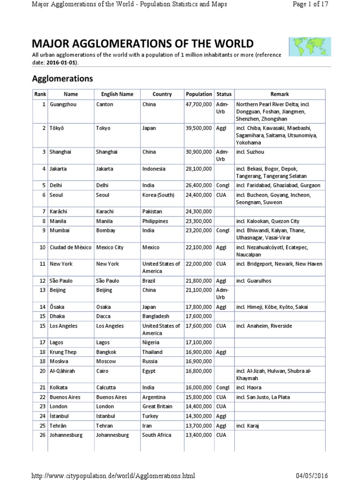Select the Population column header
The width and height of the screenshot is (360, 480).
click(x=199, y=94)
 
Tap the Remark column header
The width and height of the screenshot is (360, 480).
click(x=279, y=94)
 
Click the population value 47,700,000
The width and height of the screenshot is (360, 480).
click(x=199, y=105)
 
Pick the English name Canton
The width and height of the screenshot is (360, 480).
click(x=105, y=105)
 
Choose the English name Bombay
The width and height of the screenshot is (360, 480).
click(x=105, y=231)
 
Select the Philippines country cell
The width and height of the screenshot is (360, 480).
click(x=156, y=221)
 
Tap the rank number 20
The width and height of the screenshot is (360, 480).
click(x=42, y=371)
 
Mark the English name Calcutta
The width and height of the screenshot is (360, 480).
click(x=107, y=388)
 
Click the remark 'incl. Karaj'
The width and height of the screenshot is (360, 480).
click(x=247, y=425)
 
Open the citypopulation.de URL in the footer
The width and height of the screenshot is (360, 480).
click(x=112, y=476)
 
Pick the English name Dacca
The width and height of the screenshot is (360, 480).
click(x=104, y=316)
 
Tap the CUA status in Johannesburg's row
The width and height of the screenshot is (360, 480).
click(x=221, y=435)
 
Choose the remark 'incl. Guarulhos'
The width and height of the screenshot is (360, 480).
click(x=254, y=281)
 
